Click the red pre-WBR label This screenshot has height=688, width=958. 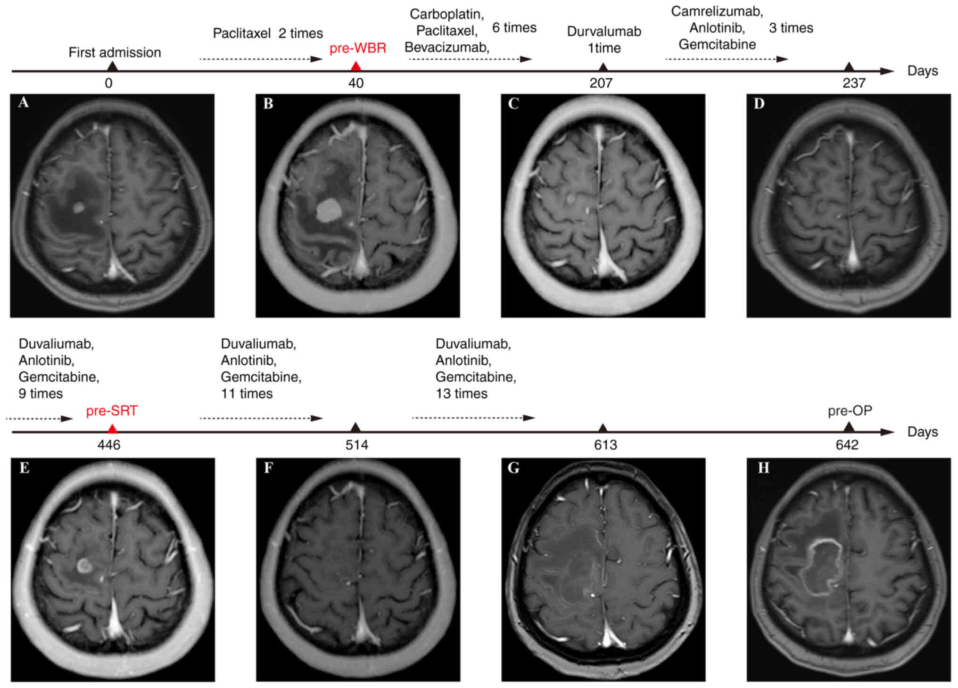click(357, 48)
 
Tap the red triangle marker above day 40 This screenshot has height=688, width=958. click(356, 66)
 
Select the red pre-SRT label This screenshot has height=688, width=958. click(111, 411)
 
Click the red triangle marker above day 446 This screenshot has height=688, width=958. click(112, 428)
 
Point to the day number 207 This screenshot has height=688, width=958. click(601, 83)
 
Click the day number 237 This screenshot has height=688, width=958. click(854, 83)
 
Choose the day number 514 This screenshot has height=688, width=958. click(356, 445)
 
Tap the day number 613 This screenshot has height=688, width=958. click(605, 445)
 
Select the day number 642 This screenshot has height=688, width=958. click(847, 445)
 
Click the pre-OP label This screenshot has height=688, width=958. click(850, 411)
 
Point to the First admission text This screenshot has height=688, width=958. click(115, 52)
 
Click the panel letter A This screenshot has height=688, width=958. click(23, 103)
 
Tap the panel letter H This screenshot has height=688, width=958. click(763, 467)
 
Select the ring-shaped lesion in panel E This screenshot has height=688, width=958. click(84, 565)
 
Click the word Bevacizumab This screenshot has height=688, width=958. click(446, 48)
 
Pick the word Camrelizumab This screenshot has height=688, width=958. click(717, 11)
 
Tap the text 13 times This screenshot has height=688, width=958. click(461, 393)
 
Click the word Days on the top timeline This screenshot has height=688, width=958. click(922, 71)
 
